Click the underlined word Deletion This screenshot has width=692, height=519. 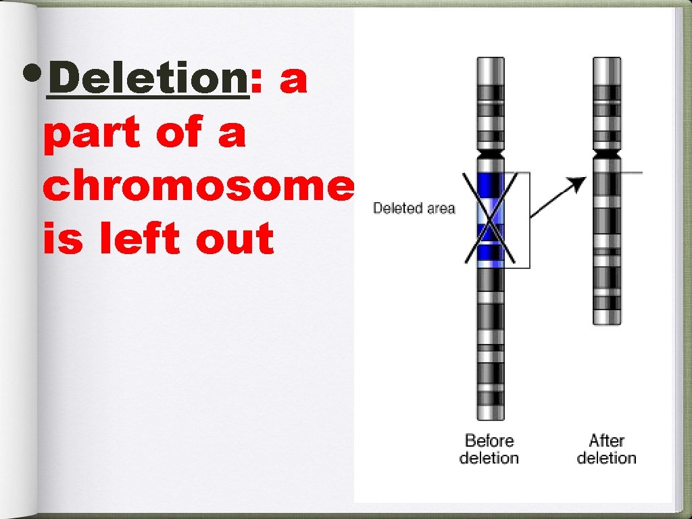148,80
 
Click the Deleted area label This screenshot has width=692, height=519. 414,208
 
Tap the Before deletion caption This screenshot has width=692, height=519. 489,449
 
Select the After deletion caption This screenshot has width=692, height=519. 606,449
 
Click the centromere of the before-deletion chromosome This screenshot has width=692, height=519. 490,157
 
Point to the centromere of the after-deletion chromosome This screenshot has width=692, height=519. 606,157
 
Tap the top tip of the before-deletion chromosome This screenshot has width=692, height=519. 490,60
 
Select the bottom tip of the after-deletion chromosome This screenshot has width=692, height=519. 606,322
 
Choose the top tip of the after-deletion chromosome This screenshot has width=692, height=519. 606,60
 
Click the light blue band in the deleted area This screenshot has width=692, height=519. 490,209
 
